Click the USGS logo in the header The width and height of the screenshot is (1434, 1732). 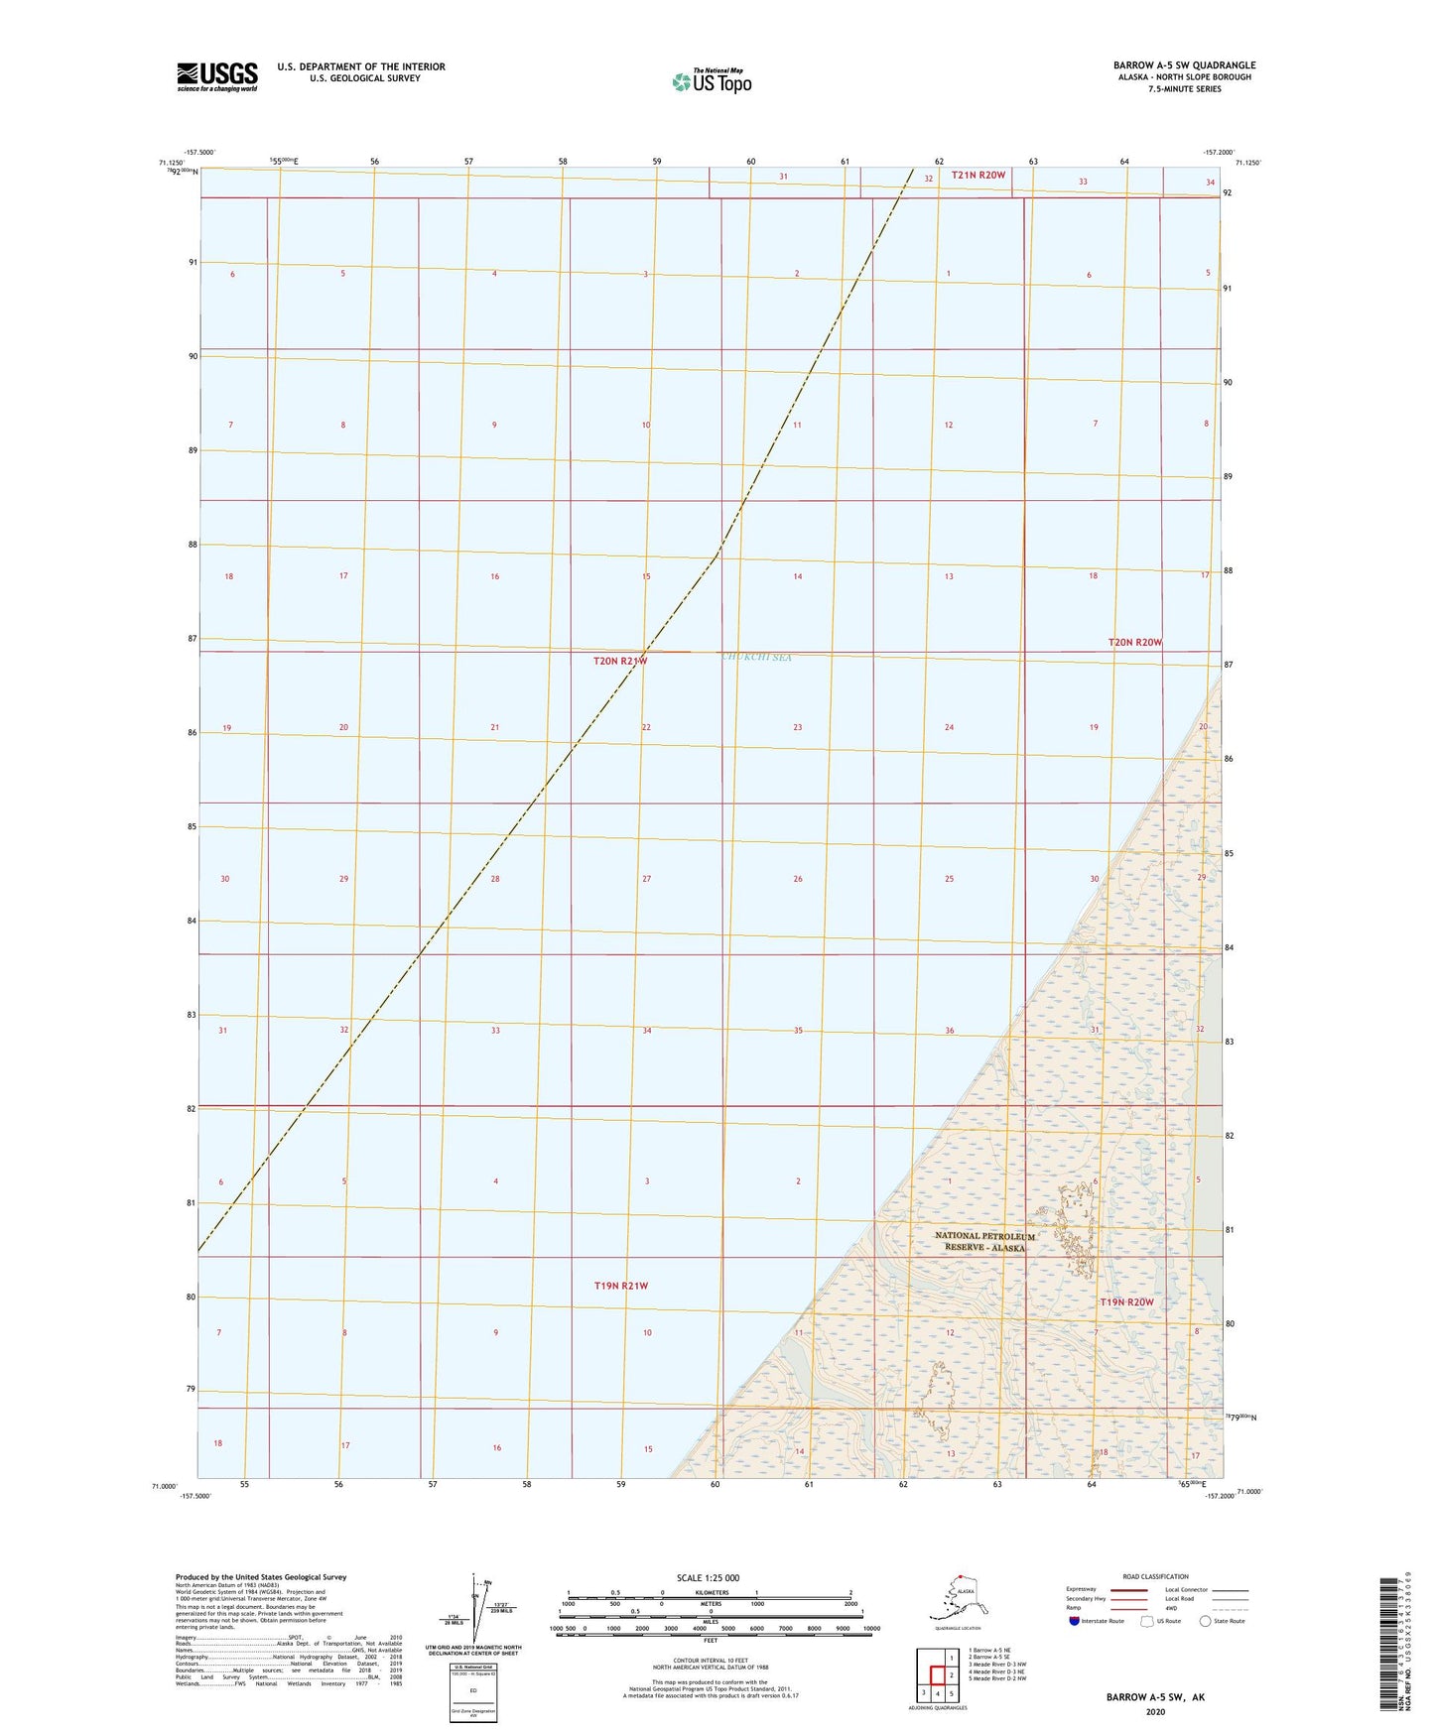tap(216, 76)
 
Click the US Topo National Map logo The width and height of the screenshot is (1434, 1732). tap(711, 80)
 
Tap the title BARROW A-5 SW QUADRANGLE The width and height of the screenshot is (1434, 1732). tap(1184, 65)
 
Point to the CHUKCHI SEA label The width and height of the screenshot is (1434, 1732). tap(756, 657)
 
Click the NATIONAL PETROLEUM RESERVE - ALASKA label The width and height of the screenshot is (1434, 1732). tap(984, 1242)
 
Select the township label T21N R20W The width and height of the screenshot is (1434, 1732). tap(978, 176)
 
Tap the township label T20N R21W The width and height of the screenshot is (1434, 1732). tap(620, 661)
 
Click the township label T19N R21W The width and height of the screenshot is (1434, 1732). tap(620, 1286)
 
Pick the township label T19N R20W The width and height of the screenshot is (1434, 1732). tap(1126, 1302)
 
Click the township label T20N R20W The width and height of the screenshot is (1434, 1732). tap(1134, 643)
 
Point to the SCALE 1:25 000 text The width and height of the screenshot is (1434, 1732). tap(708, 1577)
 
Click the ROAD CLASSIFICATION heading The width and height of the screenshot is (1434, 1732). tap(1155, 1576)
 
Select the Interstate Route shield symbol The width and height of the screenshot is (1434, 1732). tap(1074, 1620)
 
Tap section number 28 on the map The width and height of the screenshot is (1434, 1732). tap(495, 879)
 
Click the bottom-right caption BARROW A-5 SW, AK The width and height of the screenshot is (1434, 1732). tap(1155, 1697)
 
